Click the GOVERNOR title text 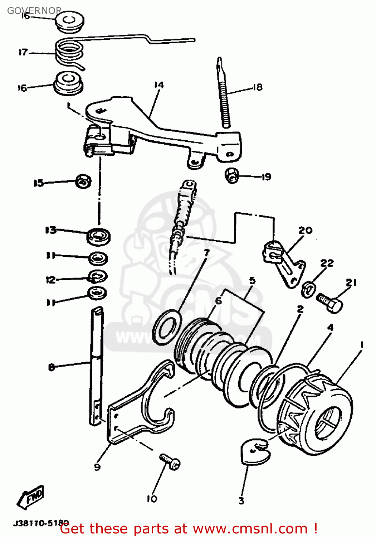[x=34, y=11]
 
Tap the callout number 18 [x=258, y=87]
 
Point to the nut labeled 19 [x=232, y=175]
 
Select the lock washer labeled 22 [x=308, y=289]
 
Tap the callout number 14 [x=159, y=85]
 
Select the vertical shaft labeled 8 [x=96, y=365]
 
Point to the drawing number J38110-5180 [x=41, y=523]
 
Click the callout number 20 [x=305, y=230]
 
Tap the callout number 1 [x=361, y=345]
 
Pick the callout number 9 [x=97, y=467]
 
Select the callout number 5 [x=252, y=280]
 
